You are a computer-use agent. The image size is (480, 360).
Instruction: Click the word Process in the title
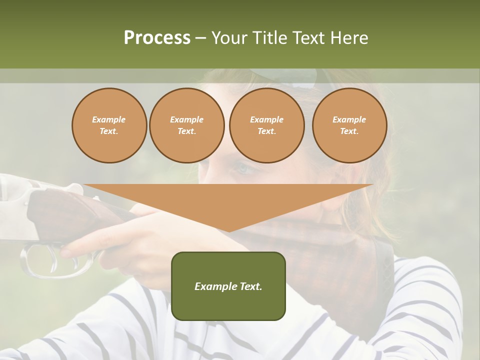coord(157,38)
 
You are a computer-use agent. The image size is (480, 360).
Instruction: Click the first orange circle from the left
coord(109,125)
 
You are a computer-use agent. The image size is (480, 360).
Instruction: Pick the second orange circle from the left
coord(187,125)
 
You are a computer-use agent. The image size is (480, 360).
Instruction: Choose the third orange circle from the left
coord(266,125)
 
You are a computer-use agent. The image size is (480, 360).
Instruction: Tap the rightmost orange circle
coord(349,125)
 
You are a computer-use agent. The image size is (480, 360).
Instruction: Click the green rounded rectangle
coord(228,286)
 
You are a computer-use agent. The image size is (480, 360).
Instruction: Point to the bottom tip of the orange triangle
coord(228,231)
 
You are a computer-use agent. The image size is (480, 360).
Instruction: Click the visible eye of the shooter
coord(243,169)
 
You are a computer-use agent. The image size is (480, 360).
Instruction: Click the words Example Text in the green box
coord(228,286)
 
